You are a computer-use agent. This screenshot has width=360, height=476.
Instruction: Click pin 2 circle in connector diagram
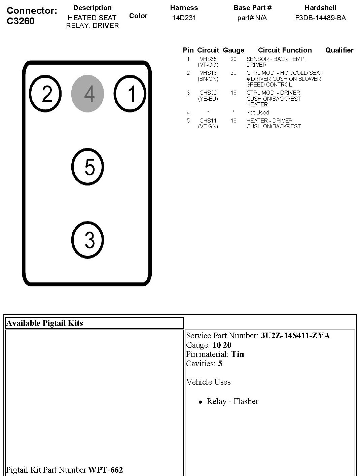[45, 94]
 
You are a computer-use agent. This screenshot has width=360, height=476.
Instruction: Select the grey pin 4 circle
[87, 94]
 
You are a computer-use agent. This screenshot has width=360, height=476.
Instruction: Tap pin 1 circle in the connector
[130, 94]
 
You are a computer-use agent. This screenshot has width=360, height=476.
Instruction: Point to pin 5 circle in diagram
[87, 167]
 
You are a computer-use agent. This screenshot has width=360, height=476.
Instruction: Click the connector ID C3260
[21, 21]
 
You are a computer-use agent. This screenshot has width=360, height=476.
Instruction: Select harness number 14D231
[184, 18]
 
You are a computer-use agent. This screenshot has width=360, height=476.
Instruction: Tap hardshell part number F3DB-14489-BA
[320, 18]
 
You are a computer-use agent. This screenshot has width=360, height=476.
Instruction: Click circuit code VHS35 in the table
[208, 59]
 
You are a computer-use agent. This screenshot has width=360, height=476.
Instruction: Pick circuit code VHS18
[208, 73]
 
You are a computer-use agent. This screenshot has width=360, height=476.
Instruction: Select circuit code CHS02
[208, 93]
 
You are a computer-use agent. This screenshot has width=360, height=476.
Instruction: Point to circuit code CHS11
[208, 121]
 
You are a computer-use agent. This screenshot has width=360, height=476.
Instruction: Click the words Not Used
[257, 112]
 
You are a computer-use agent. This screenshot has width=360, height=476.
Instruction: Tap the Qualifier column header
[339, 50]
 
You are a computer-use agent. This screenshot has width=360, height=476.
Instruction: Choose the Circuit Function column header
[285, 50]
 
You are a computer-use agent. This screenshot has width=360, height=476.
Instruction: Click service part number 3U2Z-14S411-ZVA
[295, 336]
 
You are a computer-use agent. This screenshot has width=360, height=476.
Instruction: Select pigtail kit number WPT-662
[105, 470]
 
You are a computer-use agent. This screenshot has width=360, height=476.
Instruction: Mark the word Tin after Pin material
[238, 354]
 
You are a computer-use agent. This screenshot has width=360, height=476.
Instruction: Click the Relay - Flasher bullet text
[232, 401]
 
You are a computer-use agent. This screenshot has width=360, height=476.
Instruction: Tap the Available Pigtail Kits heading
[44, 323]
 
